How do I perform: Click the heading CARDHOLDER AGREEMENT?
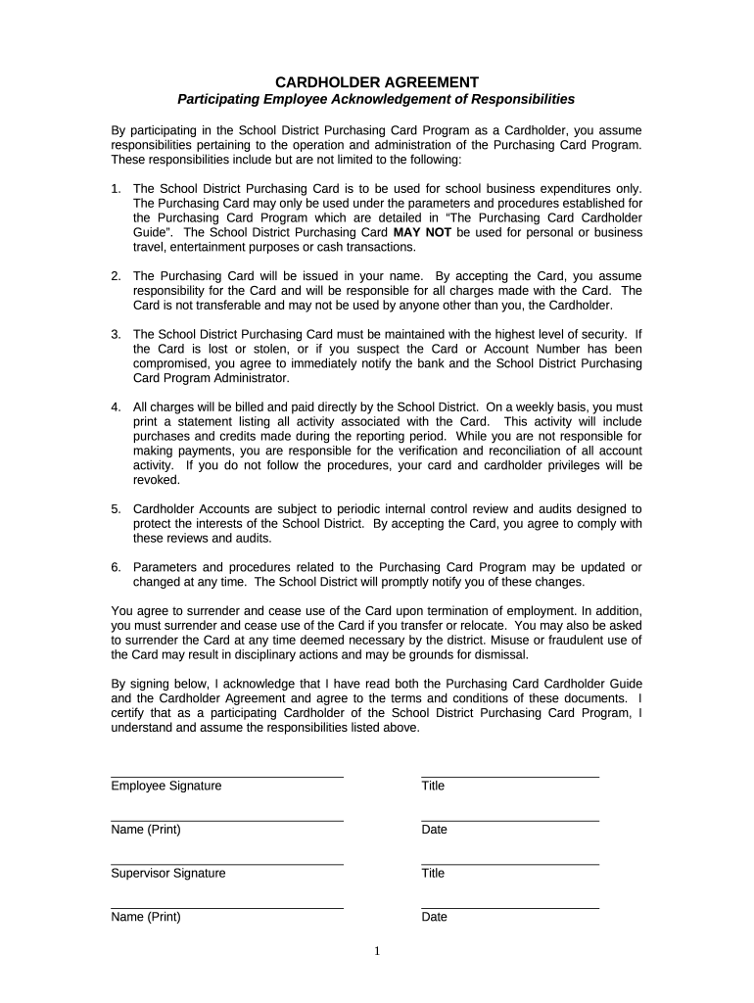(377, 82)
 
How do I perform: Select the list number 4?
(116, 406)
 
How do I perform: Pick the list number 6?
(116, 568)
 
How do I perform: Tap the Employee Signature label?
(166, 787)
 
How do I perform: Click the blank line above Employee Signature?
(227, 777)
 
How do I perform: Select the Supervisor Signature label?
(168, 873)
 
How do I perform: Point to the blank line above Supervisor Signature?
(227, 864)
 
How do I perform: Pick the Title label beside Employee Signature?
(433, 787)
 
